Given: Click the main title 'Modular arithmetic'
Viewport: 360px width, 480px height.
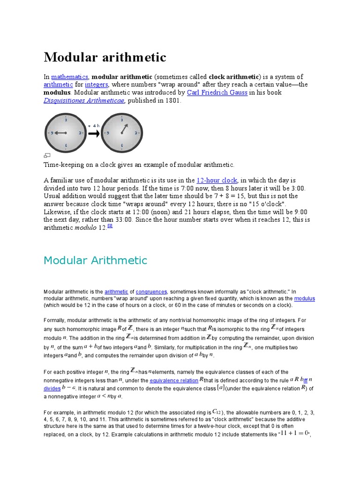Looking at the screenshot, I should (x=105, y=57).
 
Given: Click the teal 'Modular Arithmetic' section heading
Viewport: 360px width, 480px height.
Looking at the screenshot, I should (x=95, y=261).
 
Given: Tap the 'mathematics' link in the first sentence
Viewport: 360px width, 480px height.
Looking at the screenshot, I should (x=69, y=76).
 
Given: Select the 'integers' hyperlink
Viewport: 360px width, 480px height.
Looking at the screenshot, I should (x=97, y=84).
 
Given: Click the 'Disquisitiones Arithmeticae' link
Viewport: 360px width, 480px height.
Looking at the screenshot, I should (x=84, y=100).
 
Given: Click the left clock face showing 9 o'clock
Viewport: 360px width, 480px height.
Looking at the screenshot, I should (x=65, y=133).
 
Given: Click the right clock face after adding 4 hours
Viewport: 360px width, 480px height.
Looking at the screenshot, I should (x=122, y=133).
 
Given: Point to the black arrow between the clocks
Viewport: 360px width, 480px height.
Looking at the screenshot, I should (x=94, y=134).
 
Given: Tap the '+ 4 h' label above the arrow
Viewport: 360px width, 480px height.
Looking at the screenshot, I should (x=94, y=126).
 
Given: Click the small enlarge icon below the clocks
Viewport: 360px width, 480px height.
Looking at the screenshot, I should (x=47, y=155).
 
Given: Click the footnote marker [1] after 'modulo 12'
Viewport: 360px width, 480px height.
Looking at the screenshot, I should (x=110, y=226).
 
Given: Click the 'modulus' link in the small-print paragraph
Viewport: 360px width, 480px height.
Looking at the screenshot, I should (x=304, y=298).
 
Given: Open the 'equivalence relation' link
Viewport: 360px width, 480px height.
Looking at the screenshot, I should (x=174, y=381).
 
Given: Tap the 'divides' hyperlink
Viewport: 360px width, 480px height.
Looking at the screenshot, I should (x=52, y=389).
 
